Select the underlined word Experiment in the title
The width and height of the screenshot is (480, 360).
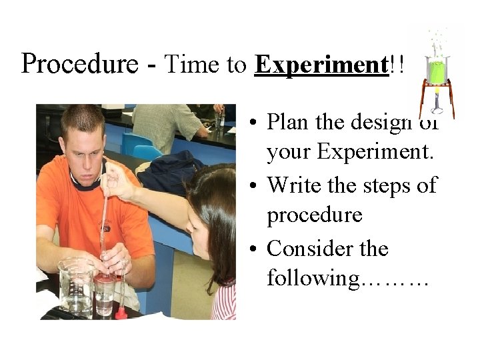pos(321,65)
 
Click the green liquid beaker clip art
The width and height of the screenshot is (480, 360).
pos(437,70)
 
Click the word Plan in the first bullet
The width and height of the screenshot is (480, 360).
pos(288,122)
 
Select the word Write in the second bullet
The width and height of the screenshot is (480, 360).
pos(292,185)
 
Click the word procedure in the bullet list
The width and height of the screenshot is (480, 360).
pos(314,215)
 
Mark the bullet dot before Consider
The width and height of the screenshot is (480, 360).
pos(254,249)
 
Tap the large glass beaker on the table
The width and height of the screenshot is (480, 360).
pos(75,286)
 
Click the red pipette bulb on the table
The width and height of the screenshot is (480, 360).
pos(121,311)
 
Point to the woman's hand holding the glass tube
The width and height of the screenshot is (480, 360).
pos(119,181)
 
